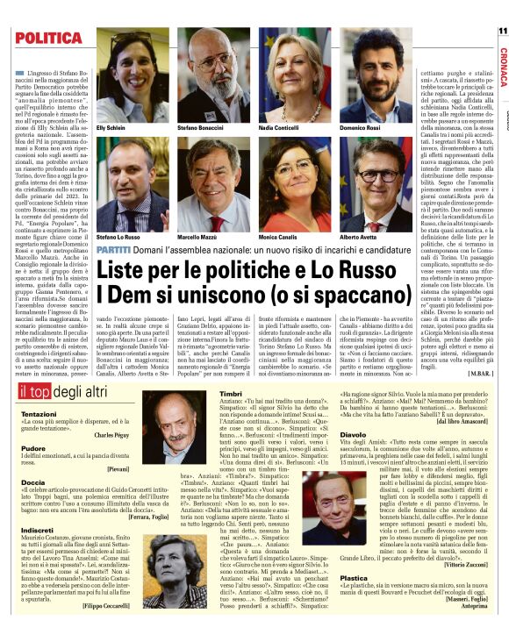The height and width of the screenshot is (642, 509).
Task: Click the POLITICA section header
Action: (x=47, y=39)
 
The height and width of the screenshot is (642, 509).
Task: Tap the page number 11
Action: (x=502, y=31)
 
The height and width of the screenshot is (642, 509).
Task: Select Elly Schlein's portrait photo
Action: (x=133, y=77)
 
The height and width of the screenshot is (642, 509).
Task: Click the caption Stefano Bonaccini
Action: (x=200, y=128)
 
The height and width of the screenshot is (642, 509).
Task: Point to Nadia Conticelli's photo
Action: (x=294, y=77)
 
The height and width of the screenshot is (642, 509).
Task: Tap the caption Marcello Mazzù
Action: (x=198, y=237)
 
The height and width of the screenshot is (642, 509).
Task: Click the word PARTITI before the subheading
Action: (x=114, y=251)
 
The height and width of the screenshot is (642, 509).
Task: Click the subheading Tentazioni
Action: (x=39, y=413)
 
